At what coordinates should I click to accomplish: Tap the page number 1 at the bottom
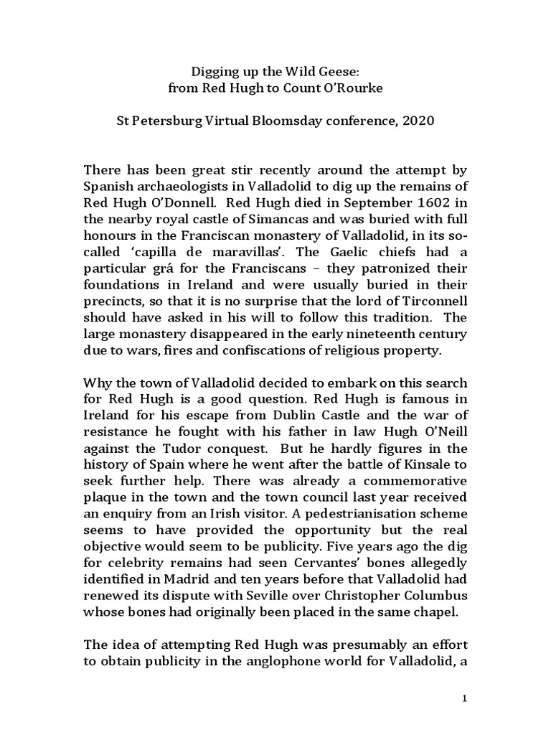[x=466, y=699]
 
